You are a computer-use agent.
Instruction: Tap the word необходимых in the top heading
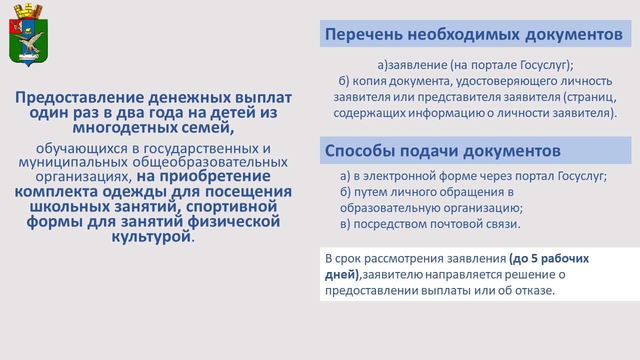(463, 34)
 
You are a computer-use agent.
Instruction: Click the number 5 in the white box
(533, 258)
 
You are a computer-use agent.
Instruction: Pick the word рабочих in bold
(565, 259)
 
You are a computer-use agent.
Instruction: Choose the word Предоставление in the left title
(79, 97)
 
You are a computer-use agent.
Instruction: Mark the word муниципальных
(73, 162)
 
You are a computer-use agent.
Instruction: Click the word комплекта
(56, 191)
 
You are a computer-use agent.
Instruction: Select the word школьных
(70, 206)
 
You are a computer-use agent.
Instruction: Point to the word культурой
(151, 236)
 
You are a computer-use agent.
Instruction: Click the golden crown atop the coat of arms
(28, 11)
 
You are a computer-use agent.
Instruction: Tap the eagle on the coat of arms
(30, 42)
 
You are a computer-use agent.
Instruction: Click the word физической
(233, 221)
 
